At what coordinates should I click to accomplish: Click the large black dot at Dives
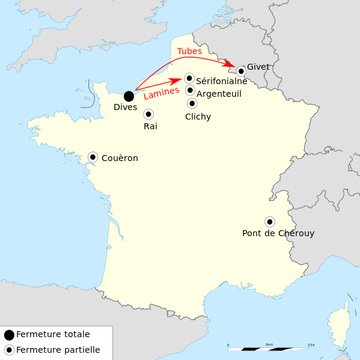click(x=129, y=96)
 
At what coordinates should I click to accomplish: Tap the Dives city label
click(x=126, y=107)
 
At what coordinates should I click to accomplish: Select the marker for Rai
click(x=148, y=114)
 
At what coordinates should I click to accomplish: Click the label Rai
click(x=150, y=127)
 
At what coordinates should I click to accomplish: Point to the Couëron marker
click(x=93, y=156)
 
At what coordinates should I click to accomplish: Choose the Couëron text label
click(x=119, y=158)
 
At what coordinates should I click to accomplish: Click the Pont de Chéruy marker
click(x=268, y=221)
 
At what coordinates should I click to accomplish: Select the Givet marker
click(x=240, y=70)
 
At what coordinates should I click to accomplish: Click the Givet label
click(x=258, y=67)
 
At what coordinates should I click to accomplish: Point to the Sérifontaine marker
click(x=189, y=77)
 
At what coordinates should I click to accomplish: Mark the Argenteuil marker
click(x=190, y=90)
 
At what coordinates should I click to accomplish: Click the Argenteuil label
click(x=219, y=93)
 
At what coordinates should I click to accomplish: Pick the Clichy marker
click(x=192, y=103)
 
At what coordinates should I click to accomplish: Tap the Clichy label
click(x=198, y=117)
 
